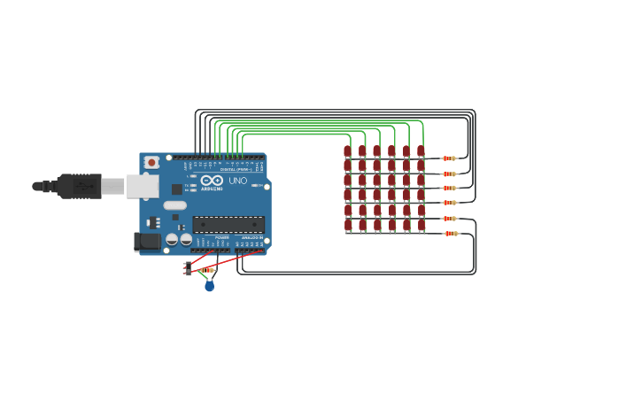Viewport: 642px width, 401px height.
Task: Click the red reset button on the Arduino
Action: [x=151, y=163]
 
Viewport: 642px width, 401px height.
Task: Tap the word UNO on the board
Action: [x=238, y=181]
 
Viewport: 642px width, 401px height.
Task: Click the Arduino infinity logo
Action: [x=212, y=181]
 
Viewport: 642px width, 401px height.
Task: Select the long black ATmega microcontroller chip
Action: [x=228, y=225]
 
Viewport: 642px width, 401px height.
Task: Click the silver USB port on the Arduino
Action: [x=142, y=186]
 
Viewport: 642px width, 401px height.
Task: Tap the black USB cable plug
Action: [x=80, y=186]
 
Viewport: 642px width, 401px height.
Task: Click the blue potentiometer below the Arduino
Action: [x=209, y=285]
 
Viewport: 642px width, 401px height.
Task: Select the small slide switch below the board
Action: [x=188, y=268]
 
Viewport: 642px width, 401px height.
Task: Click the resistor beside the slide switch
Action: [x=206, y=270]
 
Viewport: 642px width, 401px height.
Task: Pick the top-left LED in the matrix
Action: [x=347, y=151]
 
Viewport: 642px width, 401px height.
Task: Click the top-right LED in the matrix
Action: [x=421, y=151]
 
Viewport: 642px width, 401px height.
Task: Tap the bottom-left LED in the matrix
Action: [x=348, y=225]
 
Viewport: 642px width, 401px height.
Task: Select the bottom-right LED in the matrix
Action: [x=422, y=225]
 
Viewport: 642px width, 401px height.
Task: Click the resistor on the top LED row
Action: [x=450, y=158]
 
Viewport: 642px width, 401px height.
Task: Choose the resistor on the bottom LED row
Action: [x=451, y=234]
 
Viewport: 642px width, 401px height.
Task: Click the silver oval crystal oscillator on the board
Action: [x=175, y=205]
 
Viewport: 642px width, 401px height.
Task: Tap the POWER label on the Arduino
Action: [x=222, y=237]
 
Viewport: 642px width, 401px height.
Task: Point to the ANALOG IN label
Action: [x=251, y=237]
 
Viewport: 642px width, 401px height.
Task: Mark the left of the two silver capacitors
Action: [x=172, y=239]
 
